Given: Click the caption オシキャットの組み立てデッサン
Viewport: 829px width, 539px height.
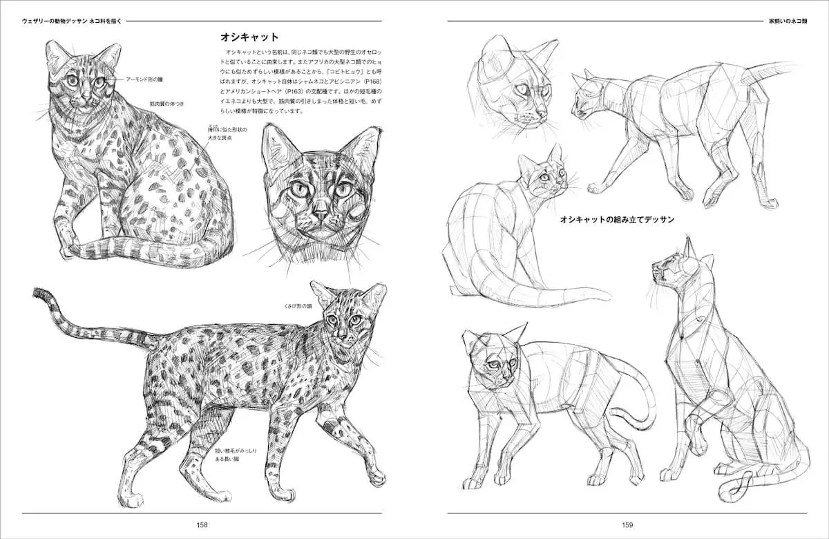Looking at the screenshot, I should click(617, 219).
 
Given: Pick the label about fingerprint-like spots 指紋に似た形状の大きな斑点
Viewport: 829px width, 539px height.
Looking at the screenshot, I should click(227, 134).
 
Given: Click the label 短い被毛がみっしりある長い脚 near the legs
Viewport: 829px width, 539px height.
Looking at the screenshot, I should click(236, 455).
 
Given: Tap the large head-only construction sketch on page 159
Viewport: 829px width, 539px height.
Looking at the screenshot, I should click(511, 86).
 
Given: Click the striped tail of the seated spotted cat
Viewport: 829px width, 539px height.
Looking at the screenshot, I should click(152, 249).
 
